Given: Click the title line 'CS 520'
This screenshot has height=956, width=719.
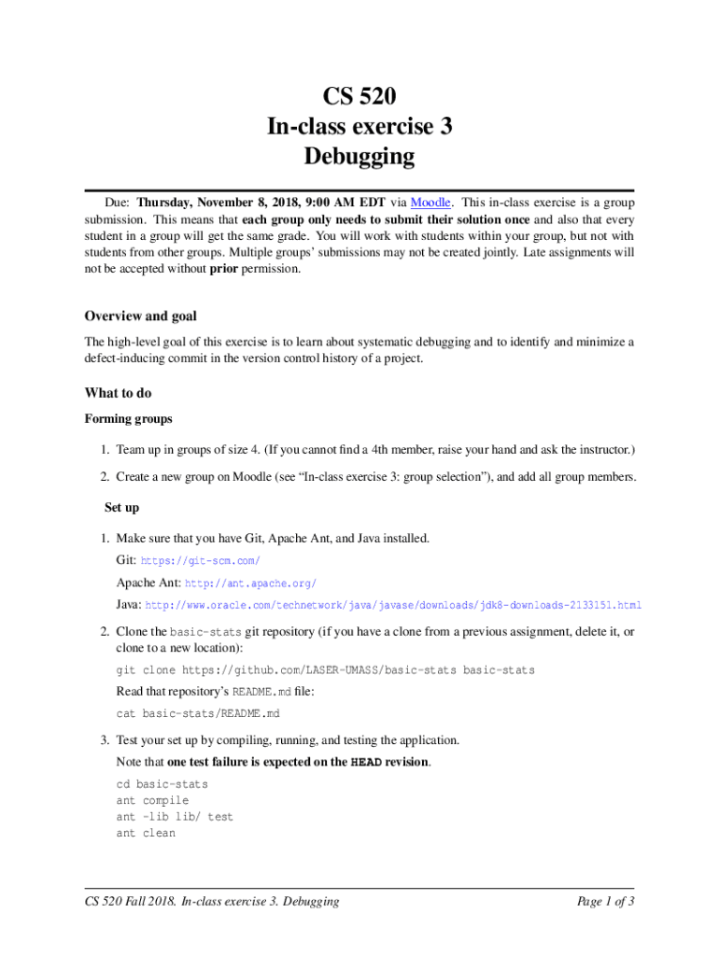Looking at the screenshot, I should click(359, 96).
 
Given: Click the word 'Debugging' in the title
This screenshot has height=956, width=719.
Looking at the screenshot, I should click(359, 156).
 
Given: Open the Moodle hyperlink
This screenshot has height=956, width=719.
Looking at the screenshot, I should click(430, 203).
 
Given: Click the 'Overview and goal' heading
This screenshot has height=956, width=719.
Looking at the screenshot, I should click(140, 316).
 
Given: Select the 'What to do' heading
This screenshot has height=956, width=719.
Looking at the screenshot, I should click(118, 393).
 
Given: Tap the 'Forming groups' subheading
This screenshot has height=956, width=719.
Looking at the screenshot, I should click(128, 419).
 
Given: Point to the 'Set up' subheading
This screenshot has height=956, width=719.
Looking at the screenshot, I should click(121, 508).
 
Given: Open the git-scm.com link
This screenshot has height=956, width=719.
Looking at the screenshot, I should click(200, 560).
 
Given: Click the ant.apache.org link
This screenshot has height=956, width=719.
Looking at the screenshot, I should click(251, 583).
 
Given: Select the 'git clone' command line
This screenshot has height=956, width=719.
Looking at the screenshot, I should click(325, 670).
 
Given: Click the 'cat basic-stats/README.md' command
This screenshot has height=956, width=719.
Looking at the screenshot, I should click(198, 714).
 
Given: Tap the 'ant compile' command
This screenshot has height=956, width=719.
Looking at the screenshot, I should click(152, 800).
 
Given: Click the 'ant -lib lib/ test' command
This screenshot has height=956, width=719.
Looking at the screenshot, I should click(175, 817).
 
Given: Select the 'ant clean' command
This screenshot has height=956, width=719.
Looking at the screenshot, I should click(146, 833).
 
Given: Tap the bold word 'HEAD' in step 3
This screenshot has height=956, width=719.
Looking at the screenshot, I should click(365, 763).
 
